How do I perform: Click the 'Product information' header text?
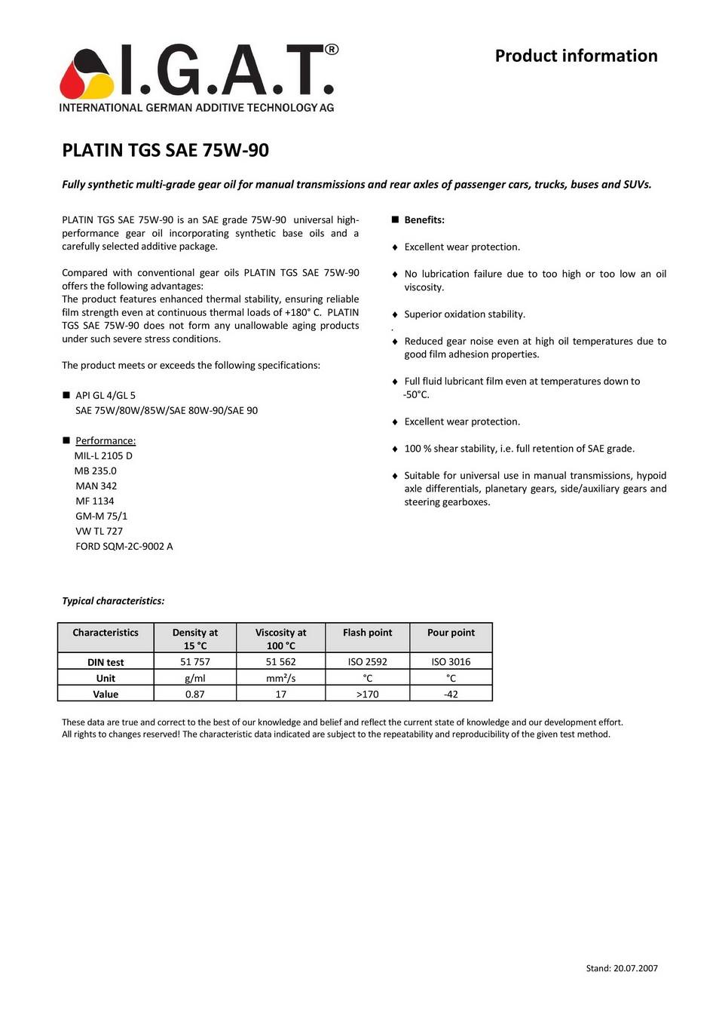coord(576,56)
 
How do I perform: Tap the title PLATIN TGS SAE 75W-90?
coord(165,150)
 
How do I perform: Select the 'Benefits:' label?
coord(424,220)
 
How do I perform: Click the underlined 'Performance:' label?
coord(106,440)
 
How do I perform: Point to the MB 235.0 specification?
coord(96,471)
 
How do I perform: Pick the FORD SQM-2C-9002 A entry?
coord(124,546)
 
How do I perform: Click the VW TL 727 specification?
coord(99,531)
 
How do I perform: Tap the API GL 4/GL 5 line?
coord(106,395)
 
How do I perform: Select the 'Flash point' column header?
coord(367,633)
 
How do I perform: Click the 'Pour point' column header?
coord(451,633)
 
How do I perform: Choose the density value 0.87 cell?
coord(194,694)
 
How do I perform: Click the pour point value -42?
coord(451,694)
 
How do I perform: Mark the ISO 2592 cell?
coord(367,661)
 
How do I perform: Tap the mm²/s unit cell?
coord(280,678)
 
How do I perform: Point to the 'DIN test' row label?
coord(106,662)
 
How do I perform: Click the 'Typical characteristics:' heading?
coord(113,601)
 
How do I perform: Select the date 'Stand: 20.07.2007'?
coord(622,968)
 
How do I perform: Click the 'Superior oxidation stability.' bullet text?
coord(464,314)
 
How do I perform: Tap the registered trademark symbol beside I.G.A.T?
coord(331,50)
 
